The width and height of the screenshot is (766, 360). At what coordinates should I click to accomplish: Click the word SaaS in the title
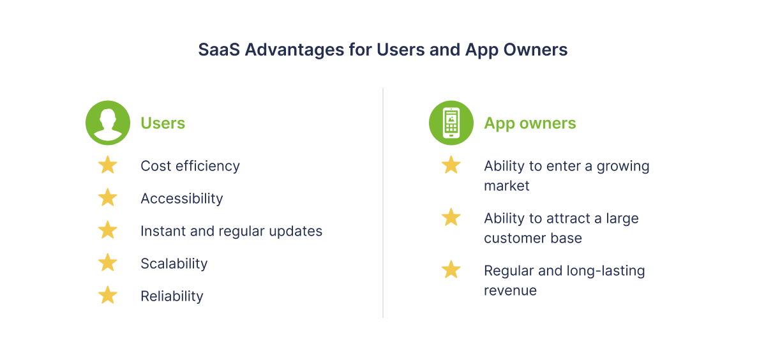pyautogui.click(x=219, y=50)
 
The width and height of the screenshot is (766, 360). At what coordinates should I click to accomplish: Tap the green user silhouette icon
pyautogui.click(x=108, y=123)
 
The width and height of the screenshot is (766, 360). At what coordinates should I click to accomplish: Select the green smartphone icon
pyautogui.click(x=451, y=123)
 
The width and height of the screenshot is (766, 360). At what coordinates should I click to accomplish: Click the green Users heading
pyautogui.click(x=163, y=123)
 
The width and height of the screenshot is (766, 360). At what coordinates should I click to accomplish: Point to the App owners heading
pyautogui.click(x=530, y=123)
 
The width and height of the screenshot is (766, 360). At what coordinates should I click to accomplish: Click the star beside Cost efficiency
pyautogui.click(x=108, y=165)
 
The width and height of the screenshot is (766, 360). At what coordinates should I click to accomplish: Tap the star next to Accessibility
pyautogui.click(x=108, y=197)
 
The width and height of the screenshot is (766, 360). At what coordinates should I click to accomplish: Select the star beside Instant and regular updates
pyautogui.click(x=108, y=230)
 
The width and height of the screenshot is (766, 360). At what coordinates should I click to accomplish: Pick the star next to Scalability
pyautogui.click(x=108, y=262)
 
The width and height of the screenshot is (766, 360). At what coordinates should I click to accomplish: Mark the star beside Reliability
pyautogui.click(x=108, y=295)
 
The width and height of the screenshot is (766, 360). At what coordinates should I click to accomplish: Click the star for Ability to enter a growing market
pyautogui.click(x=451, y=165)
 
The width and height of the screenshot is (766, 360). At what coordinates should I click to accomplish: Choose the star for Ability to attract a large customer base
pyautogui.click(x=451, y=217)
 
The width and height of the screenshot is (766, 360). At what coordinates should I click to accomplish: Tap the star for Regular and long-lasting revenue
pyautogui.click(x=451, y=269)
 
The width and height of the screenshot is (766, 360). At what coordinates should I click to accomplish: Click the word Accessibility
pyautogui.click(x=181, y=199)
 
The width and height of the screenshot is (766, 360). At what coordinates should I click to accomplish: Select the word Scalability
pyautogui.click(x=174, y=264)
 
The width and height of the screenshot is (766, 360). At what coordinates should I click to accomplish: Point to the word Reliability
pyautogui.click(x=172, y=296)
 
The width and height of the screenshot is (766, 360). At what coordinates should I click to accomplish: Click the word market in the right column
pyautogui.click(x=506, y=186)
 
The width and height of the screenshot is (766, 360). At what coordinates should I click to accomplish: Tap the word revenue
pyautogui.click(x=510, y=290)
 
